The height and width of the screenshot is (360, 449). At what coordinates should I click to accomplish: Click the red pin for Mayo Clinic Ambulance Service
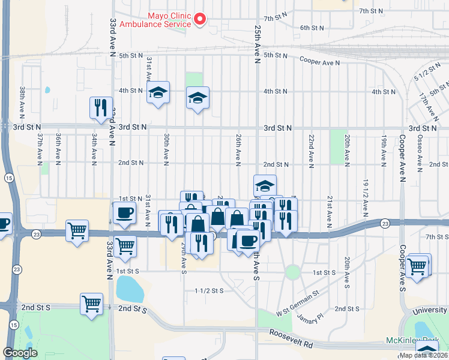(x=200, y=20)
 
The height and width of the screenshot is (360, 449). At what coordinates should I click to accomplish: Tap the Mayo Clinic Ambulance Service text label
(x=155, y=20)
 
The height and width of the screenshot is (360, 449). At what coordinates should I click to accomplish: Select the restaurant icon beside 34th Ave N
(x=99, y=107)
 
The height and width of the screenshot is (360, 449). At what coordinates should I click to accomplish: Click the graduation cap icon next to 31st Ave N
(x=158, y=93)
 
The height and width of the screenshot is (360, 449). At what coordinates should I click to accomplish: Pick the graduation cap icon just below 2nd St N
(x=265, y=185)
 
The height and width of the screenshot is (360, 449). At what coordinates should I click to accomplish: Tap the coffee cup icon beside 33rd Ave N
(x=125, y=213)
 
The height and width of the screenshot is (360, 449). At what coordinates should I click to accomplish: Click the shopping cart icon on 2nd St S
(x=91, y=304)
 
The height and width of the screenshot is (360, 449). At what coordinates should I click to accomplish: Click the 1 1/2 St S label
(x=209, y=290)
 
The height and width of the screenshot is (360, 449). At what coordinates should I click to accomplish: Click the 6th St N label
(x=312, y=28)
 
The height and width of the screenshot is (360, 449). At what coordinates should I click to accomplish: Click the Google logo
(x=20, y=353)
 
